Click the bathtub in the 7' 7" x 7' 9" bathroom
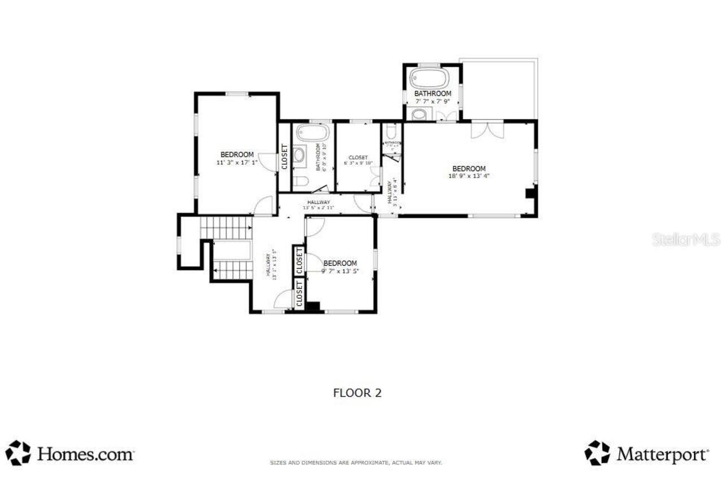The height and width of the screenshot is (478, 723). point(429,78)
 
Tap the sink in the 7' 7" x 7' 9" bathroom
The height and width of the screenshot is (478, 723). point(419,115)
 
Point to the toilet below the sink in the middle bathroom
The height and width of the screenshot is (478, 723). point(300,181)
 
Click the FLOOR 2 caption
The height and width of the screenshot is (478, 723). point(357,393)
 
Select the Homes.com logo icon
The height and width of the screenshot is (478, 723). point(18,453)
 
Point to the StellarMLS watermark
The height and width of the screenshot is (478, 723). point(686,240)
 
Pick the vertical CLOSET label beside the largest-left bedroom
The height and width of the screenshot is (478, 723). point(284,156)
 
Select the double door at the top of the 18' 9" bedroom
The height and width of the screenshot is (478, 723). point(487,129)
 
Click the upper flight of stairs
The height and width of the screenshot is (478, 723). point(226,227)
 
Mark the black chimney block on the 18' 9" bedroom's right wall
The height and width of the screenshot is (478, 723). point(530,194)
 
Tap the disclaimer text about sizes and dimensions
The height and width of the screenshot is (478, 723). point(356,463)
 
